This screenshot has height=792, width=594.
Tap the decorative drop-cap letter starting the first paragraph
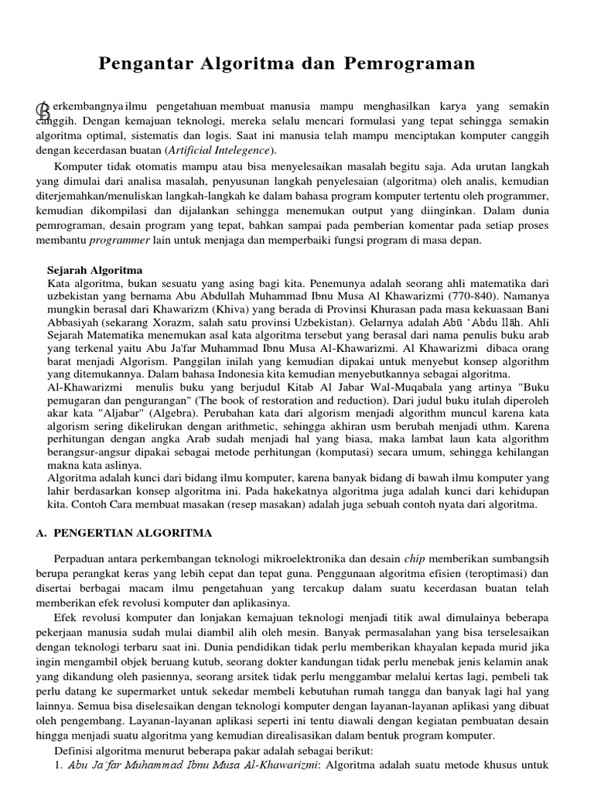coord(43,110)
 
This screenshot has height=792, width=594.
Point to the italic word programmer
coord(116,240)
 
